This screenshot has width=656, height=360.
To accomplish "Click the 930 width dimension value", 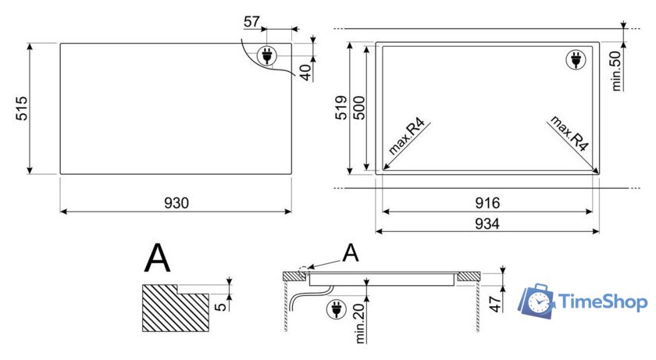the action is coord(176,203).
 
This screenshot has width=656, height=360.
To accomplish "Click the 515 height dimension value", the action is coord(21,109).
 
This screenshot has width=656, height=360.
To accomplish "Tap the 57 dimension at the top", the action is coord(251,21).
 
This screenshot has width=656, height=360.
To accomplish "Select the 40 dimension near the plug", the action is coord(306,72).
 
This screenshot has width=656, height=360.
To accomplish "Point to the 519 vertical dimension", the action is coord(341,108).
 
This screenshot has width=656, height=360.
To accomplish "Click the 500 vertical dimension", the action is coord(359,108).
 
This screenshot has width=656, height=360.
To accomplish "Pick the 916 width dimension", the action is coord(487,203).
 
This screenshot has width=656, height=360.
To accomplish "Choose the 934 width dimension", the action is coord(487,223).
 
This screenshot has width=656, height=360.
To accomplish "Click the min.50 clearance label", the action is coord(616,70).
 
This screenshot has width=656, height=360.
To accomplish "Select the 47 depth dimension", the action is coord(495,304).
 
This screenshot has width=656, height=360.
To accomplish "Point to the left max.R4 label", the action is coord(406,137).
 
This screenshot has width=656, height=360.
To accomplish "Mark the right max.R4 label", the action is coord(569,133).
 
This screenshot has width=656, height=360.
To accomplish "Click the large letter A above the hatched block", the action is coord(157,258).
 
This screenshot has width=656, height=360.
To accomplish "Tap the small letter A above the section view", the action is coord(351,252).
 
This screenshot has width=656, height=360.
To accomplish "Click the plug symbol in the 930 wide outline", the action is coord(267,55).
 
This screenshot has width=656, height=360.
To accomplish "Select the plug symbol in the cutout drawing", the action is coord(576,59).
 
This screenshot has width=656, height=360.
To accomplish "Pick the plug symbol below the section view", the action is coord(337,309).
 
